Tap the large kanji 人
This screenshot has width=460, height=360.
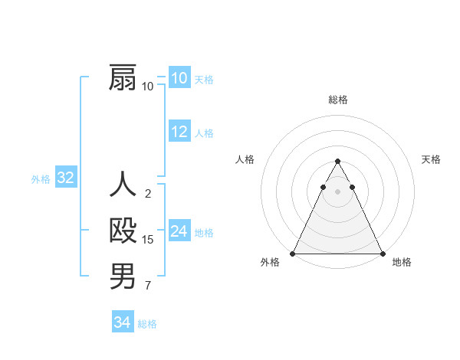[123, 185]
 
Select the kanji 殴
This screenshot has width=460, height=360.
[123, 231]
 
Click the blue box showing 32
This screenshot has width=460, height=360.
[66, 178]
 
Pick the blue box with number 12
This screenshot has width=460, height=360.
[179, 132]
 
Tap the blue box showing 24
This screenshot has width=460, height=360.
[179, 231]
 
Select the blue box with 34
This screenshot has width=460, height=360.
[123, 322]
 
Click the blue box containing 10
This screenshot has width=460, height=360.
[179, 78]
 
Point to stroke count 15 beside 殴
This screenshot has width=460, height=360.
[148, 240]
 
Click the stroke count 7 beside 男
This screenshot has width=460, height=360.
[148, 286]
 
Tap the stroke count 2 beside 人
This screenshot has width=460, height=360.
[148, 194]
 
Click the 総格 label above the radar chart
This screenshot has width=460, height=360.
[337, 100]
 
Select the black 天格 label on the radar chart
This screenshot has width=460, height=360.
[431, 159]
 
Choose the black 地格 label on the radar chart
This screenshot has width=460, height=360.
[402, 262]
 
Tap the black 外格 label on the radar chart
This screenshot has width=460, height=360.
[270, 262]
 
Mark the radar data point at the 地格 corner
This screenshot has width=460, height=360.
[382, 254]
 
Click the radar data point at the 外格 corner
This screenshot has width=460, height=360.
[293, 254]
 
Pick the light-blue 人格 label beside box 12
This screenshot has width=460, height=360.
[204, 133]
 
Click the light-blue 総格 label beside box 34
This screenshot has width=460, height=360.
[147, 324]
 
